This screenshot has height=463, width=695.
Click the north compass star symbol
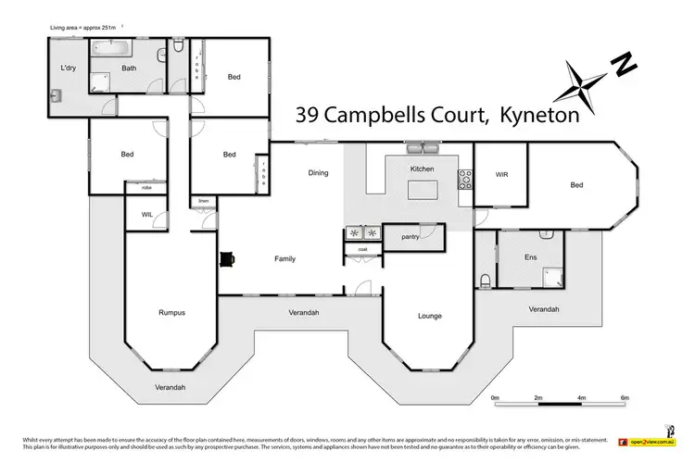(x=586, y=86)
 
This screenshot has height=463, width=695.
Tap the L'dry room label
(x=68, y=69)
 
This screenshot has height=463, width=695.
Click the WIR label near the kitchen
(x=502, y=174)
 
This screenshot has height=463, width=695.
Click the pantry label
(x=411, y=237)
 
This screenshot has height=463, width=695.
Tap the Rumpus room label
(x=171, y=313)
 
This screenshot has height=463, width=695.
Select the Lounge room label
(x=429, y=316)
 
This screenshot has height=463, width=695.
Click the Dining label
(x=319, y=172)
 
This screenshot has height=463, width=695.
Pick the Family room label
(x=284, y=258)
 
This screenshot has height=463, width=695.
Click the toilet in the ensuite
(x=486, y=281)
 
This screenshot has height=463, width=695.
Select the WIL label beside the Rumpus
(x=146, y=214)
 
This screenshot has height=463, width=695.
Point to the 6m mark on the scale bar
(x=625, y=398)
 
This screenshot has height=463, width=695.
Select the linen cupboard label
(x=202, y=200)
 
